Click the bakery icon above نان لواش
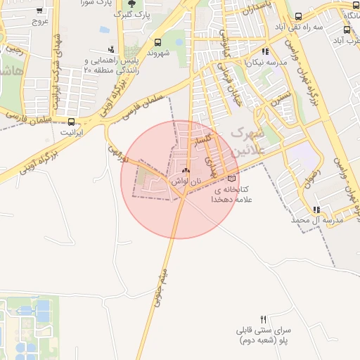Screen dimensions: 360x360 point(186,171)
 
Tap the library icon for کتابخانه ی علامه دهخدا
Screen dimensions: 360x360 point(232,179)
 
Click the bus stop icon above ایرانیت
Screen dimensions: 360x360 point(70,121)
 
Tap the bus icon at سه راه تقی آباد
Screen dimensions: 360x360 point(298,17)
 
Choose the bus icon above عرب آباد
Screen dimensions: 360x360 point(347,30)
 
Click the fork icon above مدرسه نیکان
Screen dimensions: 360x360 point(264,51)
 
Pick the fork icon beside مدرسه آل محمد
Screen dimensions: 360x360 point(317,209)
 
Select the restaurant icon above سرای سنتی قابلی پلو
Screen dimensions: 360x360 point(264,319)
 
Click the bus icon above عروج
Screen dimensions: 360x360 point(39,11)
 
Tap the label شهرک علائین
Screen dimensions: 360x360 point(249,141)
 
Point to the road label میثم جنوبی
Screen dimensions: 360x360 point(160,289)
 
